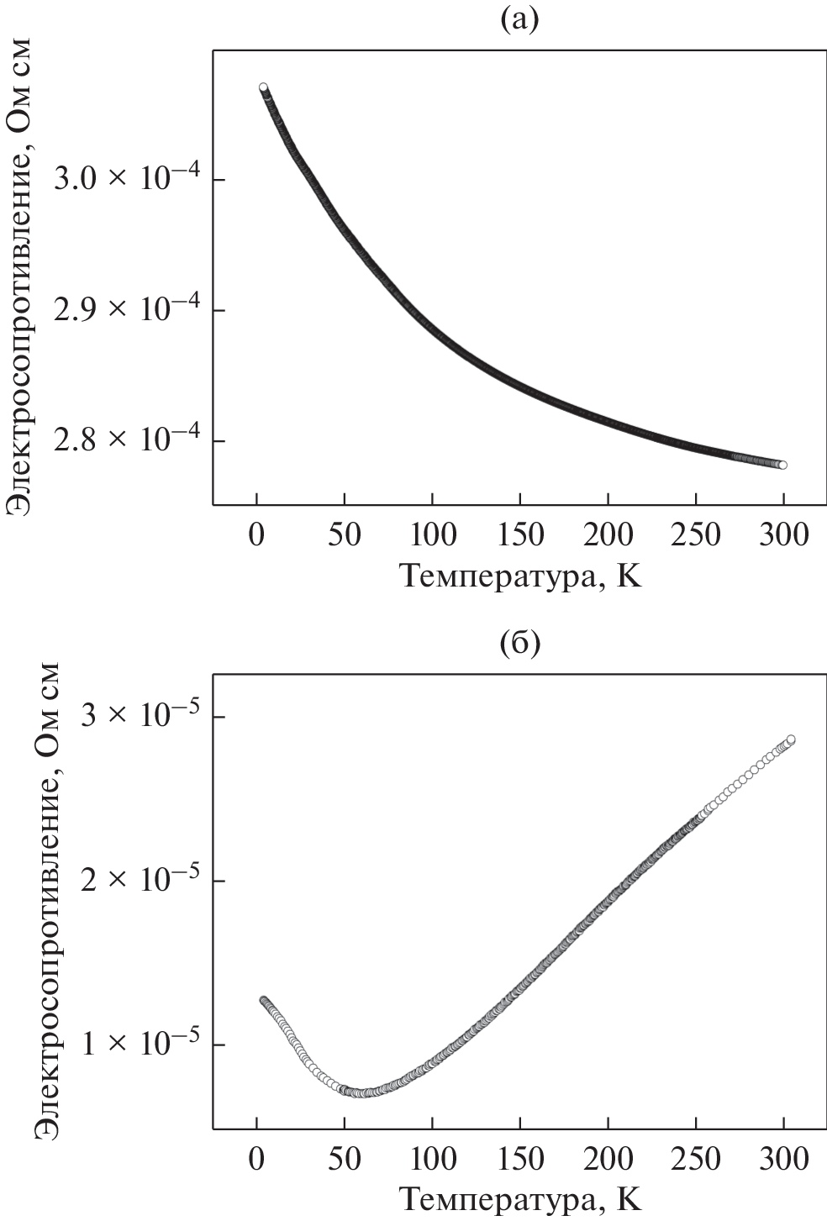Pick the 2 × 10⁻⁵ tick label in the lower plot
point(140,880)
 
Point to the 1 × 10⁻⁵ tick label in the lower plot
point(140,1044)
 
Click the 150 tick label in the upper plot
point(519,534)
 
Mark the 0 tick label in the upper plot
point(256,534)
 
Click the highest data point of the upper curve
point(263,87)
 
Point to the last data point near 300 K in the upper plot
point(782,465)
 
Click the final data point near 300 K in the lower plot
point(790,739)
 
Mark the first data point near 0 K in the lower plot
point(263,1000)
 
